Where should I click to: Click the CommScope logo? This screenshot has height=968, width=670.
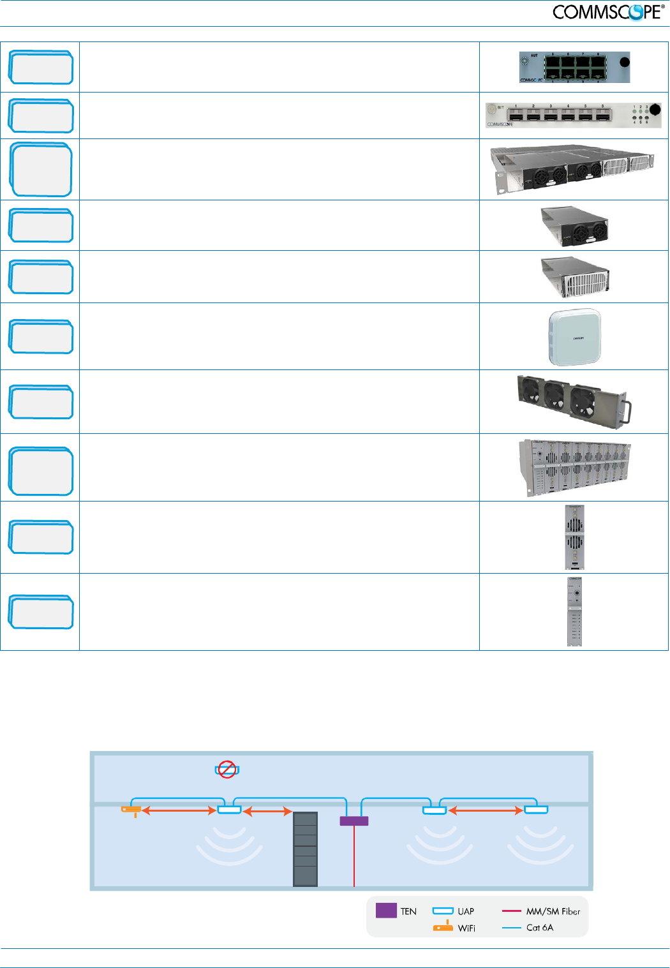click(608, 11)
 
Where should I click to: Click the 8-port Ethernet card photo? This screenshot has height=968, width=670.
click(574, 67)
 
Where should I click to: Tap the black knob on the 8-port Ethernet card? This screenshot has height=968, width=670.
click(625, 62)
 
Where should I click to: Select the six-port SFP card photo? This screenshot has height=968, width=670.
click(573, 115)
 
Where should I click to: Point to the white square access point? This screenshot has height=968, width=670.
click(574, 338)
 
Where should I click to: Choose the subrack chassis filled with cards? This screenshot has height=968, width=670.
click(574, 467)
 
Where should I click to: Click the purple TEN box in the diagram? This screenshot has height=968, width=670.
click(354, 821)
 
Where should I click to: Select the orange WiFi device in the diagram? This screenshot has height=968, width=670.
click(131, 810)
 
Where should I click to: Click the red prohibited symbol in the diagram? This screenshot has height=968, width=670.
click(227, 770)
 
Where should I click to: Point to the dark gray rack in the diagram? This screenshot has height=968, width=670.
click(305, 849)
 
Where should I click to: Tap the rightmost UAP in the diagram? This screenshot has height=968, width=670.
click(536, 810)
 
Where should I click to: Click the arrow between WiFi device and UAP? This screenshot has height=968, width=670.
click(179, 810)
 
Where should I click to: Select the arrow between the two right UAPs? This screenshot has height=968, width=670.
click(486, 810)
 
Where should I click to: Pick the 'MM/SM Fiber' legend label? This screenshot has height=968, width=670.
click(553, 911)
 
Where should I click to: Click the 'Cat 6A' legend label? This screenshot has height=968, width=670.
click(540, 928)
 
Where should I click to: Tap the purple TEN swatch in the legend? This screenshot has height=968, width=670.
click(386, 911)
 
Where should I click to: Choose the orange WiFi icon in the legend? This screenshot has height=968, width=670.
click(443, 927)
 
